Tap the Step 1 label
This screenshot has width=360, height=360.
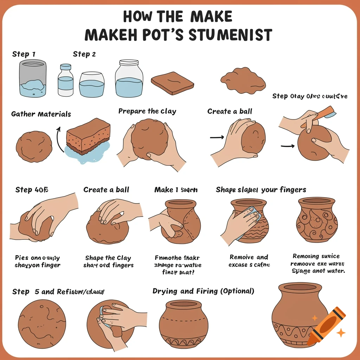[x=24, y=54]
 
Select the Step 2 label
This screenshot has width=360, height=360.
[x=84, y=54]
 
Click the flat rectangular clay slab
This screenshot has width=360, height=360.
[x=172, y=83]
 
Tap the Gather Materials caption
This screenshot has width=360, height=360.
[x=41, y=114]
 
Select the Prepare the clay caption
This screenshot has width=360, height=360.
[x=147, y=111]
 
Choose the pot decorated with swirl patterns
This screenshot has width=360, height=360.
[x=317, y=220]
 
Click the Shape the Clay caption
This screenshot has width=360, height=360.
[x=108, y=258]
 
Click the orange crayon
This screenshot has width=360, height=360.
[x=327, y=326]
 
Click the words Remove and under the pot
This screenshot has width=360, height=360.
[x=249, y=257]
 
